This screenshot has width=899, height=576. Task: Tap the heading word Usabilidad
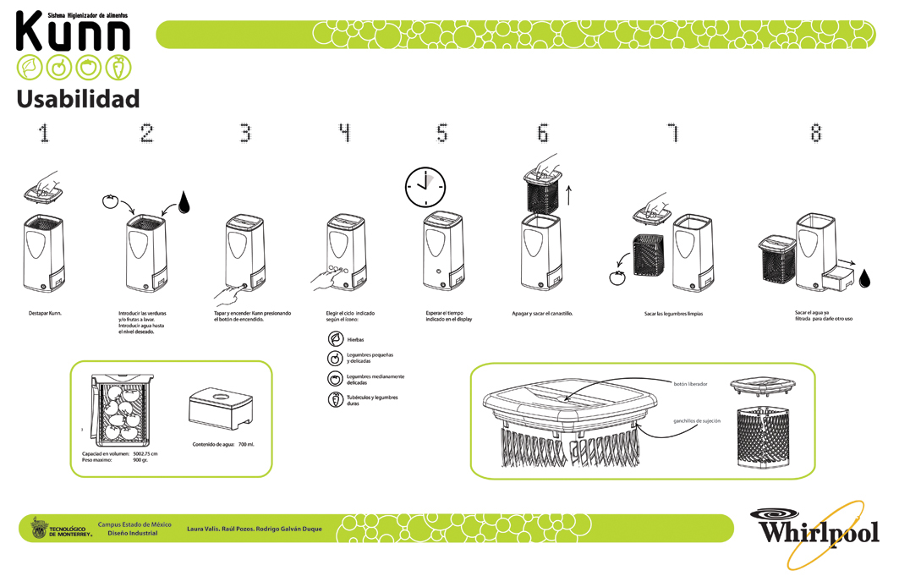pyautogui.click(x=78, y=99)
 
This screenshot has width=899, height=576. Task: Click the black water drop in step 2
pyautogui.click(x=184, y=203)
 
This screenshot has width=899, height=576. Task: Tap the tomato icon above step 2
pyautogui.click(x=108, y=201)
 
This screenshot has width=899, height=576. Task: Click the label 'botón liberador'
pyautogui.click(x=690, y=384)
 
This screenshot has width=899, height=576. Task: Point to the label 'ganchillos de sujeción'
pyautogui.click(x=696, y=420)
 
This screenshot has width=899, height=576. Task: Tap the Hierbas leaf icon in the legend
pyautogui.click(x=336, y=338)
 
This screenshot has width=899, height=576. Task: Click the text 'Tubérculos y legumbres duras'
pyautogui.click(x=372, y=400)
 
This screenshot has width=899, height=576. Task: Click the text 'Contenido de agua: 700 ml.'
pyautogui.click(x=223, y=444)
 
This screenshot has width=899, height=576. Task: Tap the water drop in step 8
pyautogui.click(x=864, y=278)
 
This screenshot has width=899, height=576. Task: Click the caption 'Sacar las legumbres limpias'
pyautogui.click(x=673, y=314)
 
